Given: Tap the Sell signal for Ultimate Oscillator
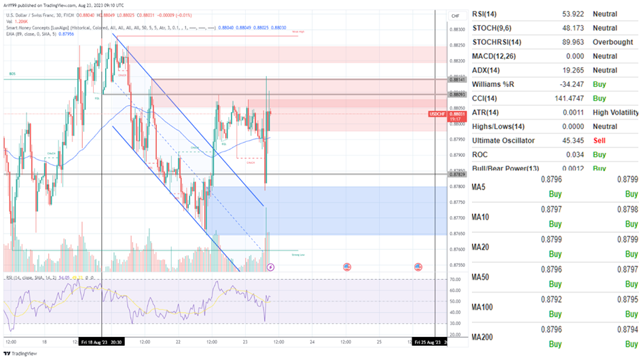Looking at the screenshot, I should (599, 141).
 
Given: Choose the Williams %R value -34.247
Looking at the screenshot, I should (555, 84).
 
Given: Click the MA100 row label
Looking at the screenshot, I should (485, 308).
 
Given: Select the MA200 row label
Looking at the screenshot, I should (485, 338).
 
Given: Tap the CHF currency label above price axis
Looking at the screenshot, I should (455, 16).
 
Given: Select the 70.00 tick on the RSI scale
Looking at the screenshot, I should (455, 279).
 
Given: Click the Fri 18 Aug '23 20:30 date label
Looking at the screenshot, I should (101, 342).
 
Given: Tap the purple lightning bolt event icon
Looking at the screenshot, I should (271, 267).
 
